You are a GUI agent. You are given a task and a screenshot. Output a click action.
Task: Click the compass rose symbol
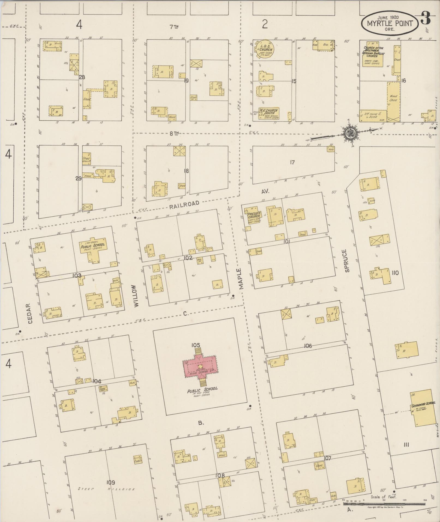pos(349,133)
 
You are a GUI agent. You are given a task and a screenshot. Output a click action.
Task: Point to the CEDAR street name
pos(30,314)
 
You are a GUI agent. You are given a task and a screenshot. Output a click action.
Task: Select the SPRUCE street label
pos(347,261)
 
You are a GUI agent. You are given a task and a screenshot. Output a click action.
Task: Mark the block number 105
pos(196,345)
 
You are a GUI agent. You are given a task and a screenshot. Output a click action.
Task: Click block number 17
pos(292,163)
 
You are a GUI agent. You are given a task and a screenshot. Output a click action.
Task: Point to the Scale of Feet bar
pos(384,503)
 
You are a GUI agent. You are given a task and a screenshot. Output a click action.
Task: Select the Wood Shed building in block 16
pos(393,101)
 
